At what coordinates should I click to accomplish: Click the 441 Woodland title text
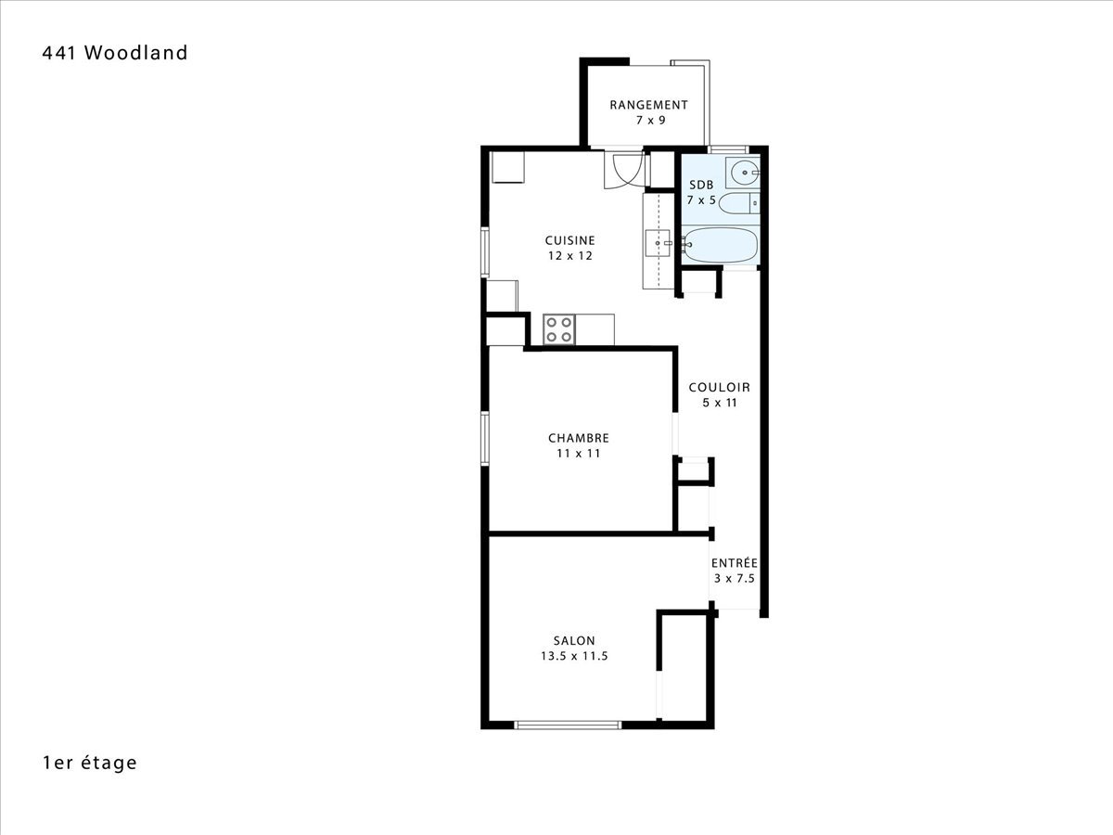115,53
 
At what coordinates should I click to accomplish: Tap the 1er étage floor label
90,763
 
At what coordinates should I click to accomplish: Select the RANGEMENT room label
648,105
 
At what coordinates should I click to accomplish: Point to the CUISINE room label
569,240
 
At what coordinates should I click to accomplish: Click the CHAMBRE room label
579,438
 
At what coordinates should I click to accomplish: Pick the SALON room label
574,640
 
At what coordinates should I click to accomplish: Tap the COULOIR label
719,387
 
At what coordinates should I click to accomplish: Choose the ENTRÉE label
735,563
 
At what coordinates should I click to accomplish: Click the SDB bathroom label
701,185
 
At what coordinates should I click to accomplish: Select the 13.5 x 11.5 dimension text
574,656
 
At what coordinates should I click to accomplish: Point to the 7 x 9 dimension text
650,121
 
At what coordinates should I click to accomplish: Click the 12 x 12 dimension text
569,255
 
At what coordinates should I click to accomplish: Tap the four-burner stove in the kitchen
558,329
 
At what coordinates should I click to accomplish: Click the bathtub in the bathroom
721,245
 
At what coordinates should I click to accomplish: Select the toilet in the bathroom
739,203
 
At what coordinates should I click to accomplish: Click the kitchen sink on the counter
658,243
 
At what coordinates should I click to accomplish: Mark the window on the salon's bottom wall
568,725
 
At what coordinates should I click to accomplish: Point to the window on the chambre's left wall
485,439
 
